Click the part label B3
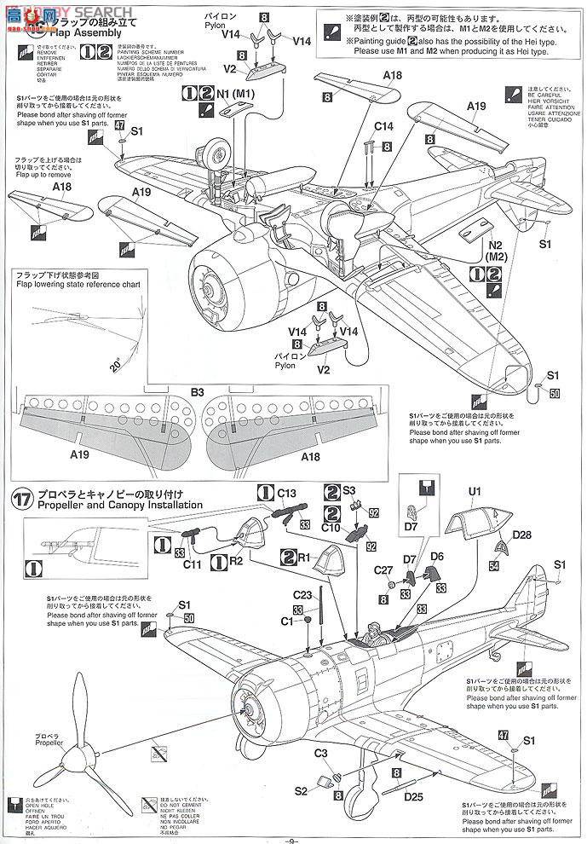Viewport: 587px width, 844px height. tap(197, 392)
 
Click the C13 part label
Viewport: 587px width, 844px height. tap(286, 492)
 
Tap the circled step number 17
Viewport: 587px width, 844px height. tap(22, 498)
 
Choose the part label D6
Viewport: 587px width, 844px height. tap(438, 556)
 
